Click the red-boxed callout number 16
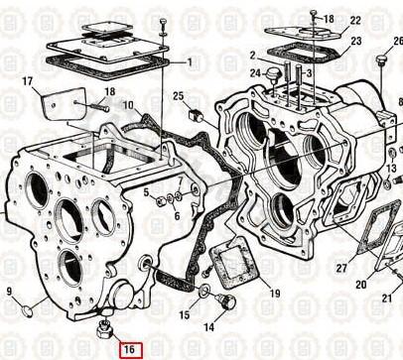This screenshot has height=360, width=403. click(x=131, y=350)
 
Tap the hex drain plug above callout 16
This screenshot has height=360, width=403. click(x=104, y=329)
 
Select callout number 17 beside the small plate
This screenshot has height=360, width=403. click(x=28, y=81)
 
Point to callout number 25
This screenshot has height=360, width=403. click(x=179, y=96)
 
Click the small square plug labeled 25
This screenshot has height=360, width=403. click(x=195, y=115)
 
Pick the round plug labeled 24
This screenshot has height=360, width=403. click(x=273, y=73)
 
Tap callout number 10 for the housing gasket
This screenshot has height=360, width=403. click(x=128, y=105)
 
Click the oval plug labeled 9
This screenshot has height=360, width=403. click(x=28, y=311)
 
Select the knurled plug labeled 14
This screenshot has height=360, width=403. click(x=226, y=301)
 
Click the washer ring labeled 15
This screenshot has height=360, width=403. click(x=203, y=290)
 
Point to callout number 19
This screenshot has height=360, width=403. click(x=275, y=294)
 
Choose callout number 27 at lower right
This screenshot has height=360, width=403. click(x=341, y=268)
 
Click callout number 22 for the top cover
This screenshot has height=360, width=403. click(x=355, y=20)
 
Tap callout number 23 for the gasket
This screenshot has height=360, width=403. click(x=356, y=42)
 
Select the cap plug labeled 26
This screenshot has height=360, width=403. click(x=380, y=61)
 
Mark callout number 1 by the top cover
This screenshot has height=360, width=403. click(x=190, y=61)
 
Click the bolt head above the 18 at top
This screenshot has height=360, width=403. click(x=314, y=13)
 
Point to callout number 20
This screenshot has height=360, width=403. click(x=361, y=284)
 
